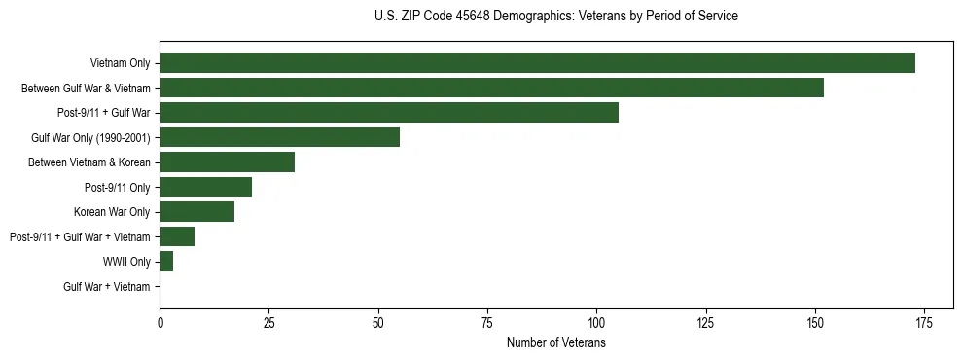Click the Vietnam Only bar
(x=537, y=63)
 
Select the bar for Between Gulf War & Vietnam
(x=491, y=88)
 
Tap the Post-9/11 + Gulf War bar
(x=389, y=113)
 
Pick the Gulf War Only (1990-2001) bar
(x=279, y=137)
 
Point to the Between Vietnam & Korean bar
(x=227, y=162)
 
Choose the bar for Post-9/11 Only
(x=205, y=187)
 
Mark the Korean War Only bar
(x=196, y=212)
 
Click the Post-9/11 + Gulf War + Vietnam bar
(x=177, y=236)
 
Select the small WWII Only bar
(x=166, y=262)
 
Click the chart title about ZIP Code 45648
(x=555, y=17)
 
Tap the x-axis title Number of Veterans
(x=555, y=342)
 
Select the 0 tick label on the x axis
(x=160, y=322)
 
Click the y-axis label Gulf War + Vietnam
(x=107, y=287)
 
